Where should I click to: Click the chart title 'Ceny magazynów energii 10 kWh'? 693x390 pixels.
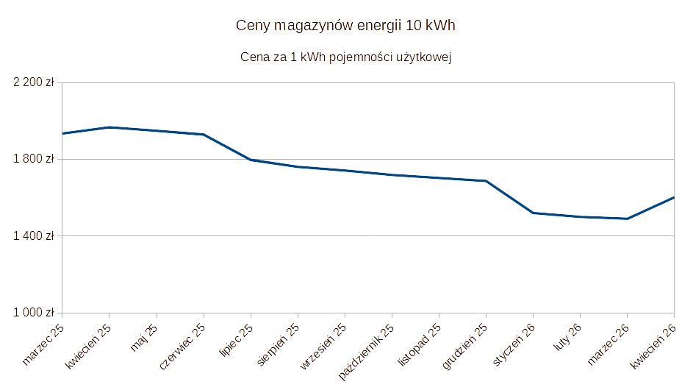click(x=346, y=26)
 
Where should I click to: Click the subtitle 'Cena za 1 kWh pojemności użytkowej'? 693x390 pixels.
click(x=345, y=57)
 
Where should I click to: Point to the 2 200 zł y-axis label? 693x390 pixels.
click(x=35, y=82)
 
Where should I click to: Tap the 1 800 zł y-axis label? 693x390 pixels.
click(x=35, y=159)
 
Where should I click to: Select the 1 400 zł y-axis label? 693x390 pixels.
click(x=35, y=236)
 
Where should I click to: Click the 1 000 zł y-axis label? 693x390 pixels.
click(x=35, y=313)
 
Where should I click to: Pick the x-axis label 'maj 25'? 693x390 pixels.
click(x=145, y=337)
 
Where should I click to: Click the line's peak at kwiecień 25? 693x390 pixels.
click(x=109, y=127)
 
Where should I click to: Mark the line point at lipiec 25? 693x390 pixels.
click(x=251, y=160)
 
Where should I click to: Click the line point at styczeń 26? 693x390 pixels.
click(x=534, y=213)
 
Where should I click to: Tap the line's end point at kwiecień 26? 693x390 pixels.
click(x=673, y=197)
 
